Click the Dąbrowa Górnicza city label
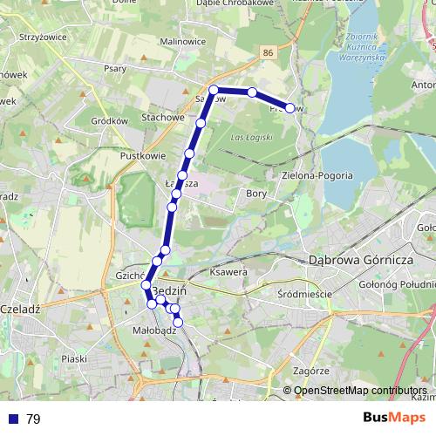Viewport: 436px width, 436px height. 360,260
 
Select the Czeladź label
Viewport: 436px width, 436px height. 19,309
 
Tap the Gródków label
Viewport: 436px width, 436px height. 110,120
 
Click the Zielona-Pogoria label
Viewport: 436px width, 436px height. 317,175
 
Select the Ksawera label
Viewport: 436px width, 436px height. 229,273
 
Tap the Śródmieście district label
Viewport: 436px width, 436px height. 304,294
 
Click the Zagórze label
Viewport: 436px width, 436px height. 311,371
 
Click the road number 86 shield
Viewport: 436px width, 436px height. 268,53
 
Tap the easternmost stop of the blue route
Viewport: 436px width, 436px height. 290,108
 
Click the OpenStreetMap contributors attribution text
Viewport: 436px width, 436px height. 360,392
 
